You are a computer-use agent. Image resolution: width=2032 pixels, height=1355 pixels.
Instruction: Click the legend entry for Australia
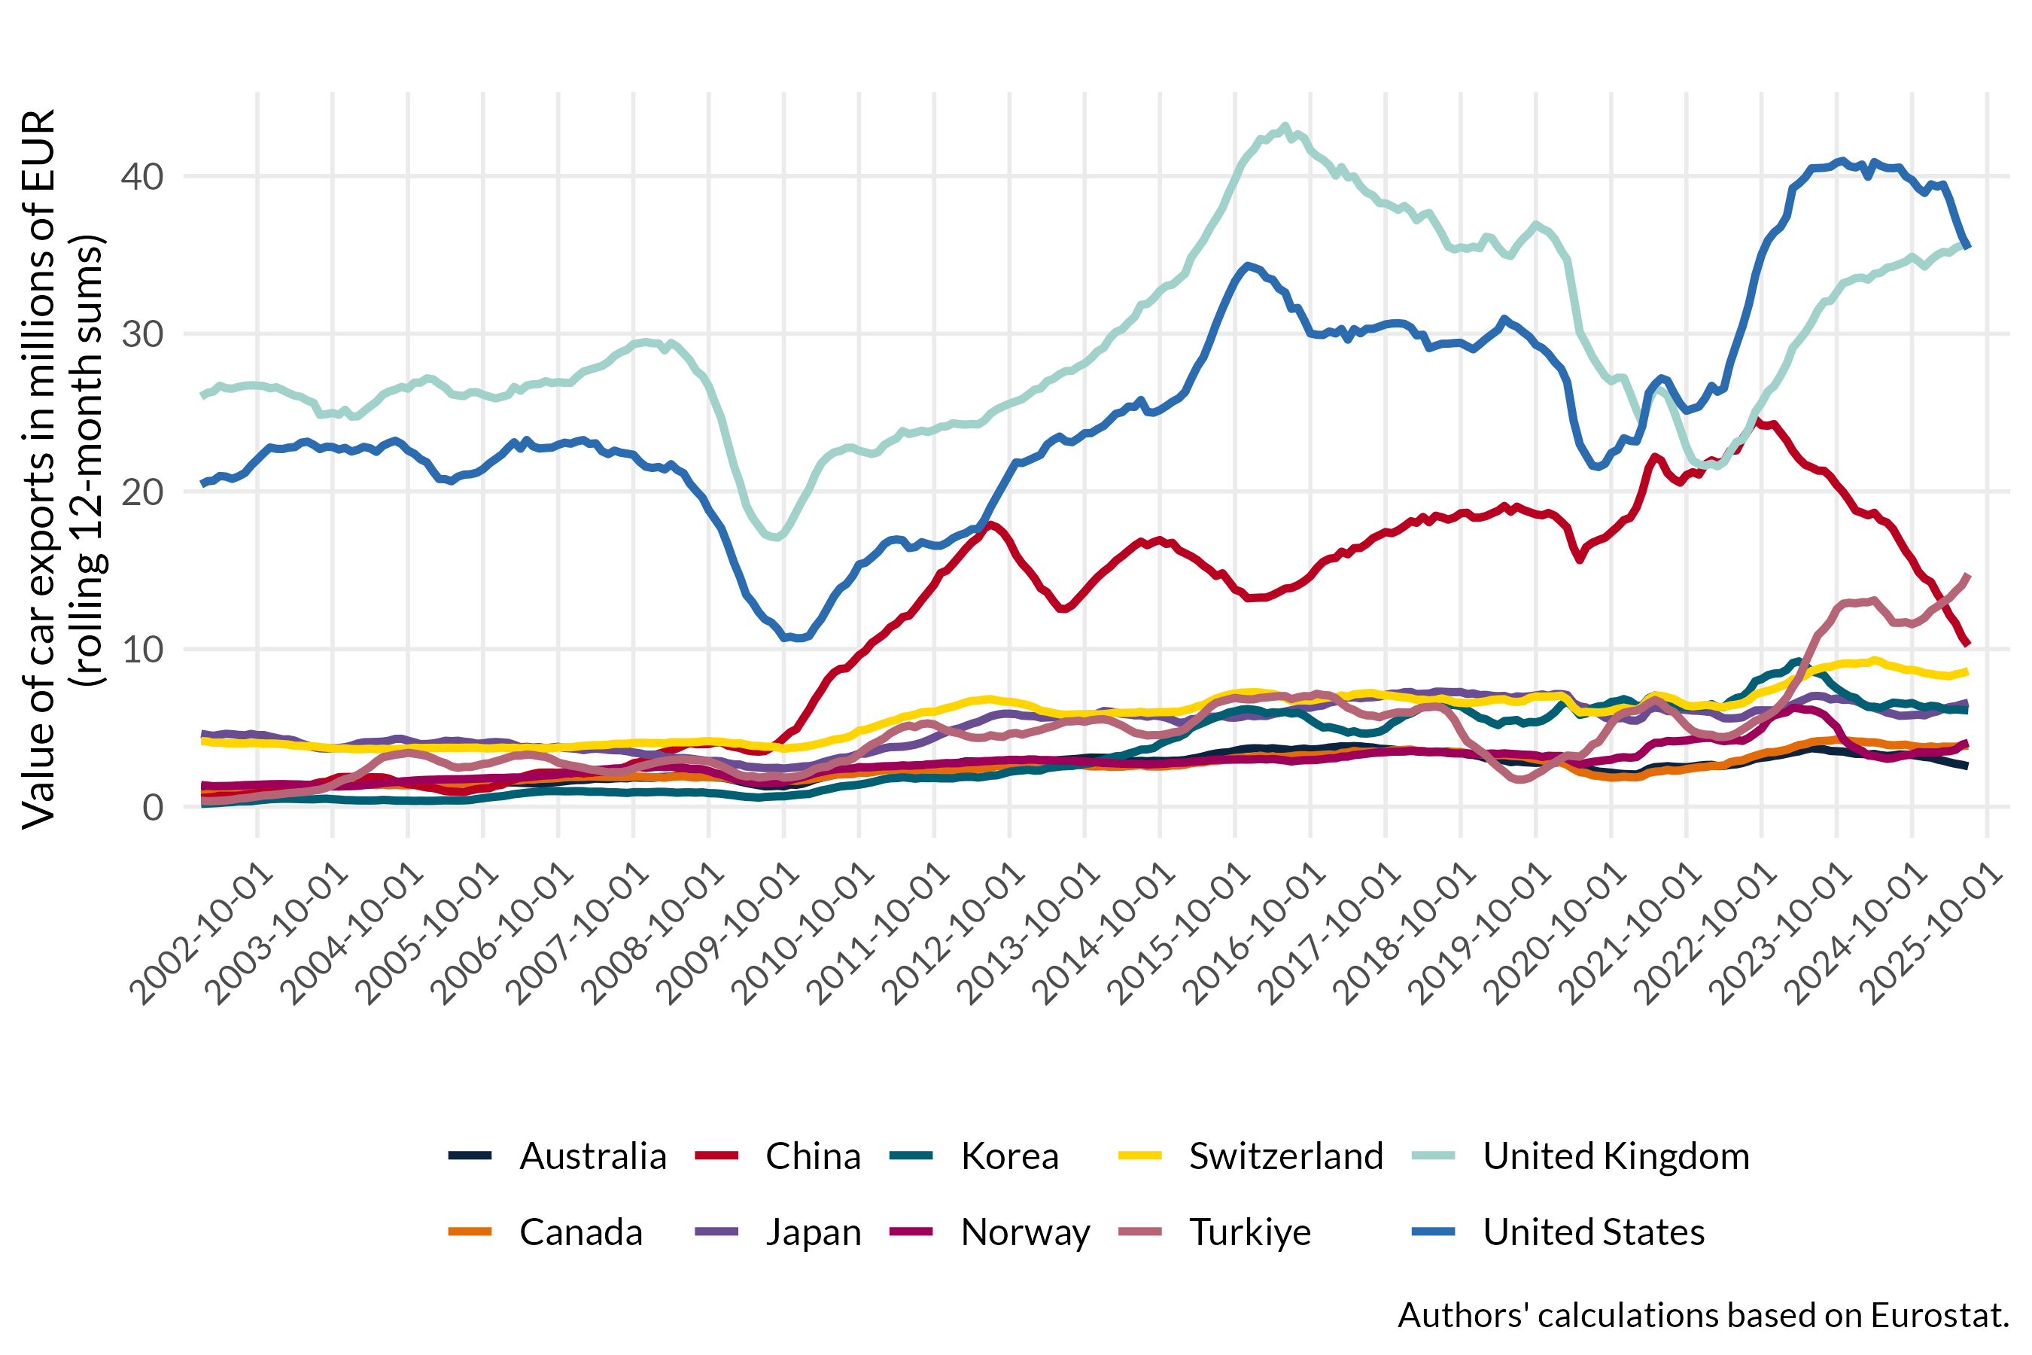click(x=593, y=1156)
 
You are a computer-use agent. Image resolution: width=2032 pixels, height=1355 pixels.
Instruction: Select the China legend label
click(x=812, y=1156)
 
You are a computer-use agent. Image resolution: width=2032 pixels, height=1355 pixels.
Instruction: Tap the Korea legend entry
click(x=1009, y=1156)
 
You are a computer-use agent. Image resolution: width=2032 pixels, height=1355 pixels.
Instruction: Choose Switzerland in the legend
click(x=1285, y=1156)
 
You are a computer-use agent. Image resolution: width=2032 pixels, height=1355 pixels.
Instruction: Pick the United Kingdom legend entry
click(x=1616, y=1156)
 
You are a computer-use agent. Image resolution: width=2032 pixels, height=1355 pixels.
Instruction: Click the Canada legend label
click(x=580, y=1232)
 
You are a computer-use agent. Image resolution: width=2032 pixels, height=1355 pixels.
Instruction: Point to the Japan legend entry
click(x=813, y=1232)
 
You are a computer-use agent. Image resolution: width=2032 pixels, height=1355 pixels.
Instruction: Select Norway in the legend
click(x=1024, y=1232)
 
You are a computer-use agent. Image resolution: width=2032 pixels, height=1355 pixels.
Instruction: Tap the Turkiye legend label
click(x=1249, y=1232)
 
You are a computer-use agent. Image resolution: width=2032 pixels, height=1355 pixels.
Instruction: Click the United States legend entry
click(x=1593, y=1232)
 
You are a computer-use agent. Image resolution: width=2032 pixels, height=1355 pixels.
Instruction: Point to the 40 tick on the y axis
click(x=141, y=176)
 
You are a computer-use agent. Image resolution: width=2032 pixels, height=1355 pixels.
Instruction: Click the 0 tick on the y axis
click(x=153, y=807)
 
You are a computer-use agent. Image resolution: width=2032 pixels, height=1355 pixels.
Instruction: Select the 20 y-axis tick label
click(x=141, y=492)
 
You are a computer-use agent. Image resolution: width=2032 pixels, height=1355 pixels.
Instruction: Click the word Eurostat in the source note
click(x=1939, y=1315)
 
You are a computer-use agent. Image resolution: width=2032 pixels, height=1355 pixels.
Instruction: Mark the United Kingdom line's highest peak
click(x=1285, y=127)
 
